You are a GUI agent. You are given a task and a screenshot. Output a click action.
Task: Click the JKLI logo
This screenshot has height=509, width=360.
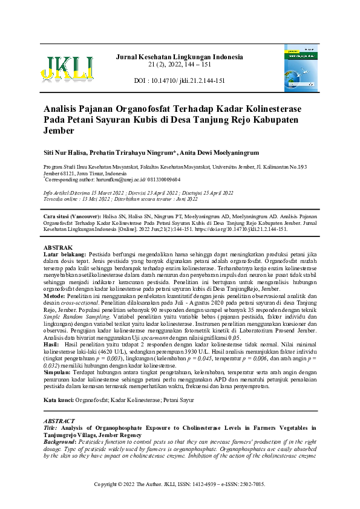pyautogui.click(x=67, y=68)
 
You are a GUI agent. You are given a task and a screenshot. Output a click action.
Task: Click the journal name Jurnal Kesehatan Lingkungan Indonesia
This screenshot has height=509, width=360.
pyautogui.click(x=179, y=57)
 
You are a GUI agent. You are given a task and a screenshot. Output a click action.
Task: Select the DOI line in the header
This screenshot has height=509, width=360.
pyautogui.click(x=179, y=80)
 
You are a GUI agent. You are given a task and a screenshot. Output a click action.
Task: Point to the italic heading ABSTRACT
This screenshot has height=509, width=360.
pyautogui.click(x=59, y=421)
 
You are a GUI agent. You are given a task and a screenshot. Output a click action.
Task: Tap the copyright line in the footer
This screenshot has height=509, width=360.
pyautogui.click(x=180, y=485)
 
